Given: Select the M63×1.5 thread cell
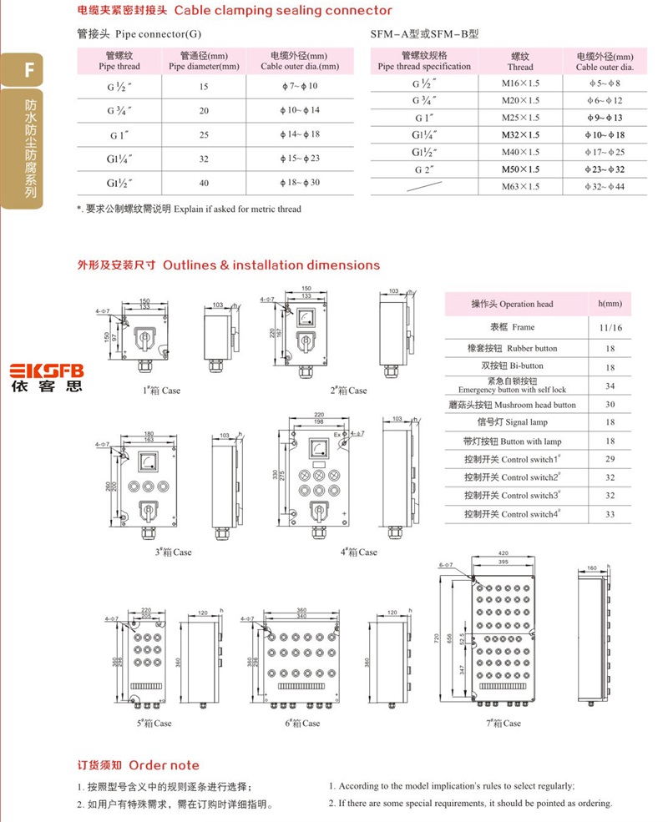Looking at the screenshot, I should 520,186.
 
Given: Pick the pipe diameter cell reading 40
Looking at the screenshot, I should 204,182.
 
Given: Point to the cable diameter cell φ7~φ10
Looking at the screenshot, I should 300,86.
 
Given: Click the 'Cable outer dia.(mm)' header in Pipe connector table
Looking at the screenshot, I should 300,61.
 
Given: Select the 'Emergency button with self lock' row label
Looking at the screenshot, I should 512,386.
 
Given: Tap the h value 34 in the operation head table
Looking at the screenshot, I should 610,386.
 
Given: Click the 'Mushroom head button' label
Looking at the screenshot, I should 512,405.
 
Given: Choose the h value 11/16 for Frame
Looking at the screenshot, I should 610,328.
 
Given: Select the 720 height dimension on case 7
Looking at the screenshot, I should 436,636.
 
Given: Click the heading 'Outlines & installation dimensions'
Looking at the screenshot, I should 271,265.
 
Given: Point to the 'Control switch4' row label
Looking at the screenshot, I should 512,514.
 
